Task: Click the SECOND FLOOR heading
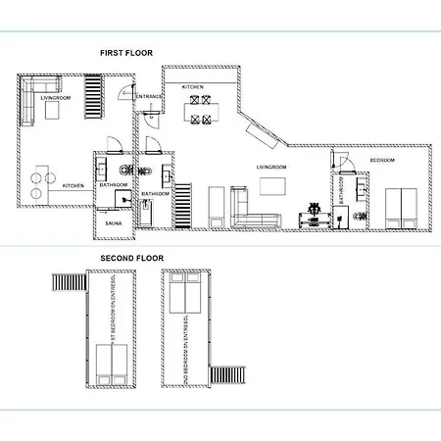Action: pos(130,258)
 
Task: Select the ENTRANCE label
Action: pos(149,96)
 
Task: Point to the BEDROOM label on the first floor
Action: pos(382,160)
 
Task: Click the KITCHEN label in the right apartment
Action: pos(193,87)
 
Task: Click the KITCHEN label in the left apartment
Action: pos(74,185)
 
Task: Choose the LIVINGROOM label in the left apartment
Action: pos(54,98)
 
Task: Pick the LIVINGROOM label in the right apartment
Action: pos(269,167)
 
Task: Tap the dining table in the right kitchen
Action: pos(201,110)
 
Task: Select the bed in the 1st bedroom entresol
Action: pos(112,364)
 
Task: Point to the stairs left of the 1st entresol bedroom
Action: pos(67,283)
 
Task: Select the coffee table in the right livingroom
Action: pos(271,185)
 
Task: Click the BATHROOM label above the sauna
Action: pos(113,184)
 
